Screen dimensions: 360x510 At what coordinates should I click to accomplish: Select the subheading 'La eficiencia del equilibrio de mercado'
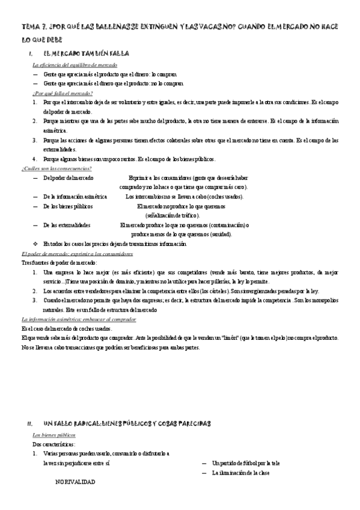click(x=75, y=64)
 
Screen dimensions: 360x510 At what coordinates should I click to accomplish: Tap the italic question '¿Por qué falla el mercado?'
click(x=63, y=93)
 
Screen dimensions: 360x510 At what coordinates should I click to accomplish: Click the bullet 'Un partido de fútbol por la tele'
click(x=246, y=463)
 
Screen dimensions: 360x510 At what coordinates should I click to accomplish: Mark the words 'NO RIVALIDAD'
click(x=75, y=482)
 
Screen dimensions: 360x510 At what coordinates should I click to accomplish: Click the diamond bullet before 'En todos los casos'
click(x=35, y=244)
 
